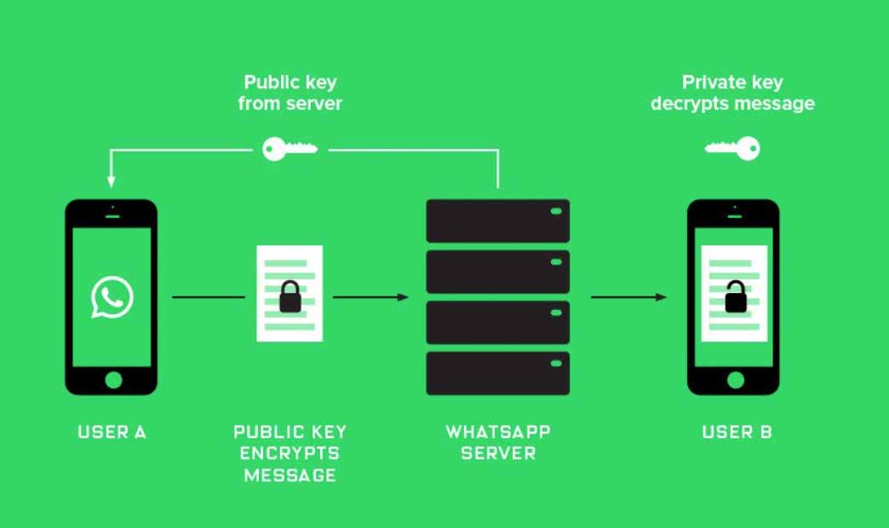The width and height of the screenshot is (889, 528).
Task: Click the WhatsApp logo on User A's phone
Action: tap(112, 296)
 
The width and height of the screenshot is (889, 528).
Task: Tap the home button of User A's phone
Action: tap(113, 380)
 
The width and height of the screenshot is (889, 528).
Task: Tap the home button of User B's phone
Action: tap(736, 380)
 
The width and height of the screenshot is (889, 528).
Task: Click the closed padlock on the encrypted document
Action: tap(290, 296)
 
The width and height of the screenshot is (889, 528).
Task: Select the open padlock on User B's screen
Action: tap(736, 296)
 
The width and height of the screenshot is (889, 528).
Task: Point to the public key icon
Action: tap(290, 149)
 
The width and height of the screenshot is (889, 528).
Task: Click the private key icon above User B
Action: tap(732, 148)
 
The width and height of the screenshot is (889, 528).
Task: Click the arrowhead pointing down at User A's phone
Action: tap(111, 182)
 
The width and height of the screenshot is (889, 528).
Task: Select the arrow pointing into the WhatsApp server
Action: tap(370, 296)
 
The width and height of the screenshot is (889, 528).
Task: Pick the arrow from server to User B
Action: tap(628, 296)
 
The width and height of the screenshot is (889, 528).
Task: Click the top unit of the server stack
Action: tap(498, 221)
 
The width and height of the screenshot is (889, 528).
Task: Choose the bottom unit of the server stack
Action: tap(498, 373)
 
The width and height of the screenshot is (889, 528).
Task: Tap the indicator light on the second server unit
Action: tap(556, 262)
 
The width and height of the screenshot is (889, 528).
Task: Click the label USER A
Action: tap(112, 432)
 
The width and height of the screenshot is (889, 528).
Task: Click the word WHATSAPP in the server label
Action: tap(498, 432)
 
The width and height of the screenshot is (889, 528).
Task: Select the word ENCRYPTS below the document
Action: tap(290, 453)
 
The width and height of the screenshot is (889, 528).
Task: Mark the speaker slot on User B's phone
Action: tap(735, 216)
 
